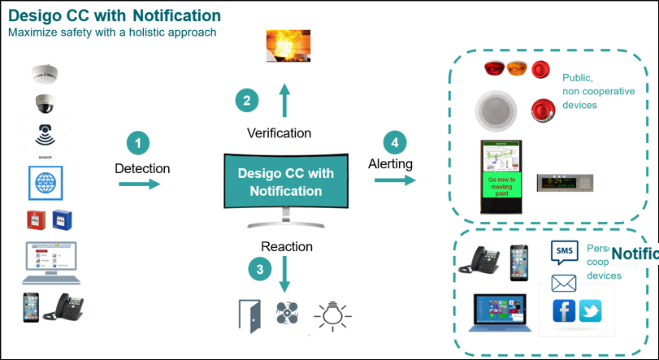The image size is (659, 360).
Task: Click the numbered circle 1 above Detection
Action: [138, 144]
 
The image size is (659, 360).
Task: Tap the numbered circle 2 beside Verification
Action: [247, 101]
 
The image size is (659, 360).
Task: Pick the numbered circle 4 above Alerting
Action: [395, 143]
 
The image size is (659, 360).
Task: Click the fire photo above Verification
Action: [288, 46]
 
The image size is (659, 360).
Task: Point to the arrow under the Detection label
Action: [140, 184]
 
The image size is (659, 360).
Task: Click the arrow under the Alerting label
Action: [395, 179]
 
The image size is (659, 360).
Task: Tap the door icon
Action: [249, 315]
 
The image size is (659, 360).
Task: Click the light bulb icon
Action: [332, 314]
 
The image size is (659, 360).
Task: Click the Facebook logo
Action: [564, 310]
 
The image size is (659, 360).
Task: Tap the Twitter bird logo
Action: [591, 310]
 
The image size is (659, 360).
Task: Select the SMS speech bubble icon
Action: [564, 251]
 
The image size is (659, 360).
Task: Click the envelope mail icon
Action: [563, 283]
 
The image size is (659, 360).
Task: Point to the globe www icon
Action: [46, 184]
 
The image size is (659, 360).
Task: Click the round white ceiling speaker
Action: [495, 111]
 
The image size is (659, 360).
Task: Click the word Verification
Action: [279, 132]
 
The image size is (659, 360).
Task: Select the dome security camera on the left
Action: [45, 104]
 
